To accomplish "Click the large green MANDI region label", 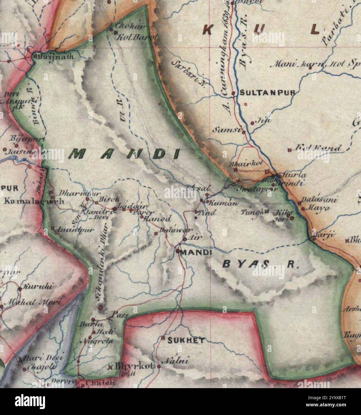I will pyautogui.click(x=125, y=154).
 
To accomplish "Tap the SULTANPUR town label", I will pyautogui.click(x=267, y=93).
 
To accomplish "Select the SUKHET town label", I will pyautogui.click(x=186, y=340).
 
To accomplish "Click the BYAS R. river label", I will pyautogui.click(x=260, y=264).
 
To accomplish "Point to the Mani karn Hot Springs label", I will pyautogui.click(x=316, y=64).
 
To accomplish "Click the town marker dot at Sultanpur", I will pyautogui.click(x=233, y=93).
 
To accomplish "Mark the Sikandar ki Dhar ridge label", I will pyautogui.click(x=101, y=269).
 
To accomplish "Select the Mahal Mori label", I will pyautogui.click(x=33, y=302).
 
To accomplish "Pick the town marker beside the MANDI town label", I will pyautogui.click(x=178, y=251).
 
